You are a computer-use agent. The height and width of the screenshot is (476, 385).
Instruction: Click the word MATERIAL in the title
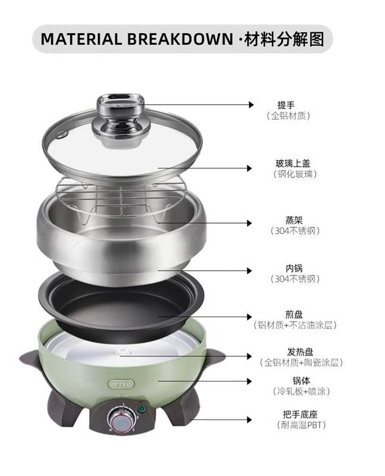pyautogui.click(x=81, y=39)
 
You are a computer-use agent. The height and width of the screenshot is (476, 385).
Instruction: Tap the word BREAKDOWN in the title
pyautogui.click(x=180, y=39)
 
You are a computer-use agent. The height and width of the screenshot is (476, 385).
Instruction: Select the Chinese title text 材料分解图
pyautogui.click(x=284, y=39)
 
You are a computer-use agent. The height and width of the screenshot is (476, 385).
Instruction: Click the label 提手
pyautogui.click(x=286, y=105)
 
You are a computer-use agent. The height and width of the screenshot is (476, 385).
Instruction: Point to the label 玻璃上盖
pyautogui.click(x=293, y=164)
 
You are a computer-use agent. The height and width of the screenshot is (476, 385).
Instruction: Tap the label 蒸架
pyautogui.click(x=294, y=220)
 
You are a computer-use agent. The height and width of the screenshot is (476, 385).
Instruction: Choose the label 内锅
pyautogui.click(x=294, y=268)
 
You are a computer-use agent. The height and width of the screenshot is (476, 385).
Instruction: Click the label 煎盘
pyautogui.click(x=294, y=315)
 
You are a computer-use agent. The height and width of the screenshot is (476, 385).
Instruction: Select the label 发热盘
pyautogui.click(x=300, y=352)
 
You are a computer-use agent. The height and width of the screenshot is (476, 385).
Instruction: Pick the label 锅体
pyautogui.click(x=301, y=381)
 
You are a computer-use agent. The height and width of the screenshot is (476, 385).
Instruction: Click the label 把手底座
pyautogui.click(x=300, y=414)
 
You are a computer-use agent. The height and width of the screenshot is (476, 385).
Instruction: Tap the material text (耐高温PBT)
pyautogui.click(x=301, y=425)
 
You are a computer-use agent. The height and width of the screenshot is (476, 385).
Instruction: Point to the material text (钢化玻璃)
pyautogui.click(x=295, y=174)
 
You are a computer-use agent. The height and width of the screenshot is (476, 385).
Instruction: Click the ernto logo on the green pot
pyautogui.click(x=121, y=384)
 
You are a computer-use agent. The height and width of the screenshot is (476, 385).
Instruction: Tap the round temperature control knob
pyautogui.click(x=121, y=421)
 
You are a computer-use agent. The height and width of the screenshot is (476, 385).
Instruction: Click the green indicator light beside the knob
pyautogui.click(x=141, y=409)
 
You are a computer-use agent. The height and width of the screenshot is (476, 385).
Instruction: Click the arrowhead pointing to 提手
pyautogui.click(x=251, y=105)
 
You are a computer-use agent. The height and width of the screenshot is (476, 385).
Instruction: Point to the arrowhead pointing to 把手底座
pyautogui.click(x=249, y=420)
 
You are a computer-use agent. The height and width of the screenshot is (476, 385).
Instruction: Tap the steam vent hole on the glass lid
pyautogui.click(x=63, y=134)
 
